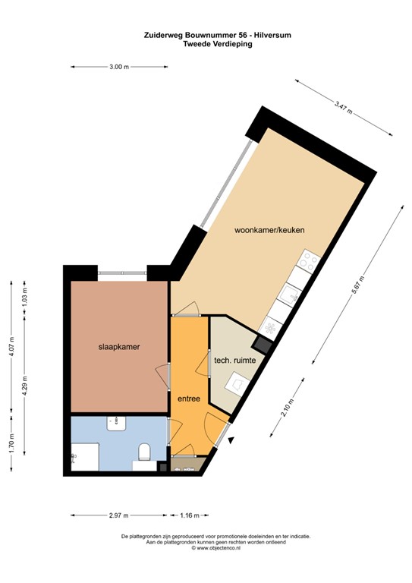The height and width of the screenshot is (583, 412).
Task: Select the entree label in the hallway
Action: [x=188, y=398]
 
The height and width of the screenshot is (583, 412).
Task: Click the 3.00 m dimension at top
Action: [x=120, y=68]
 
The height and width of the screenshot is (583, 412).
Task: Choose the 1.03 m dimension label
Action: [x=25, y=295]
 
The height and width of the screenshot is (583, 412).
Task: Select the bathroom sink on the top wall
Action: [x=117, y=422]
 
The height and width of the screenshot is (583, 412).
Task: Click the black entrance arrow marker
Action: [x=231, y=440]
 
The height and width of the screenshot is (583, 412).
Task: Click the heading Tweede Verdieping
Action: [x=218, y=44]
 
